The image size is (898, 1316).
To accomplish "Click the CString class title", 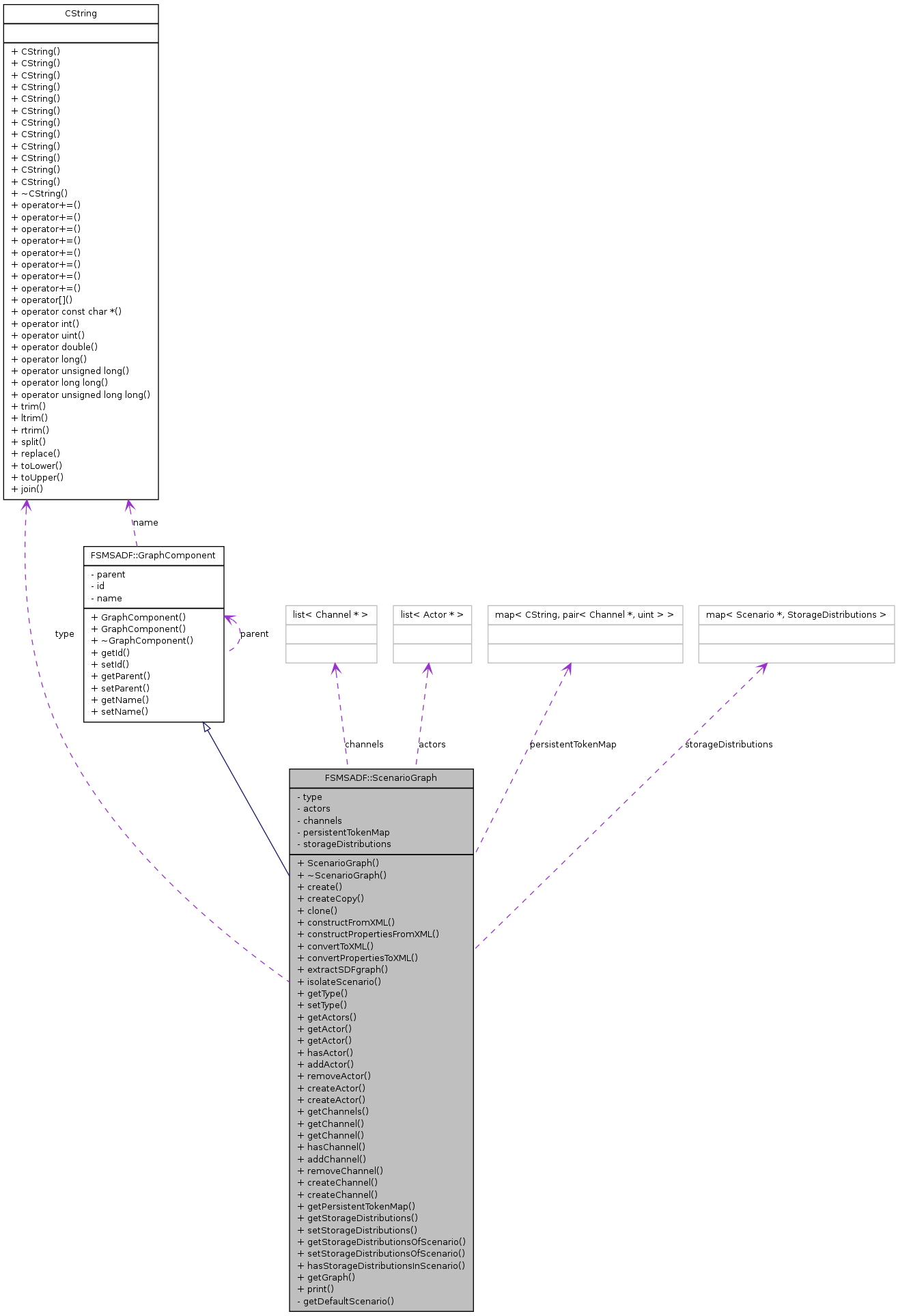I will [81, 14].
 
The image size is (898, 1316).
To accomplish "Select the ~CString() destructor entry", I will [40, 194].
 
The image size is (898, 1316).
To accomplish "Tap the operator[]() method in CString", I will [42, 300].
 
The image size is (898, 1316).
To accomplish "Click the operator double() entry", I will [55, 347].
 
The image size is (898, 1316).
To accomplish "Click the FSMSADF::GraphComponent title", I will [153, 556].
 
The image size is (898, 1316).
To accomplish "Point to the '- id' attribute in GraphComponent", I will [98, 586].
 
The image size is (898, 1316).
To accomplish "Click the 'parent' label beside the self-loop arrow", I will [254, 634].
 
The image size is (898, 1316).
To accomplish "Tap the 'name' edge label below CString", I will [145, 523].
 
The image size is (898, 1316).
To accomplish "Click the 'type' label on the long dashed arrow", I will [65, 634].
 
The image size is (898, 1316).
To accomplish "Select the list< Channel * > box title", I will [331, 615].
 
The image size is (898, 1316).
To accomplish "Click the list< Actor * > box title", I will [432, 615].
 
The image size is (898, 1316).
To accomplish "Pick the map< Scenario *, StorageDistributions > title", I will [796, 615].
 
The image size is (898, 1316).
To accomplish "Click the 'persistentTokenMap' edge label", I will [573, 745].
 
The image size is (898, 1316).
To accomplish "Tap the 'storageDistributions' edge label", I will [729, 745].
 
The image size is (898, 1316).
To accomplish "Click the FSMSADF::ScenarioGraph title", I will [380, 778].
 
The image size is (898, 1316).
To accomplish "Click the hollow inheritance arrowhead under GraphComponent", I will [206, 728].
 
